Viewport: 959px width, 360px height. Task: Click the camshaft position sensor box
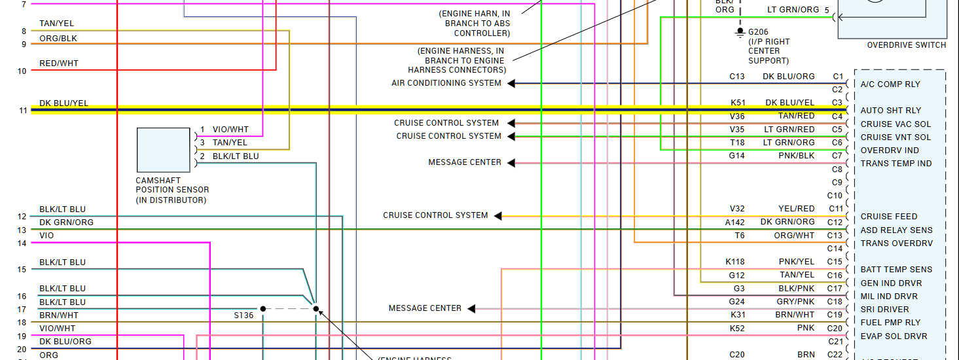click(163, 150)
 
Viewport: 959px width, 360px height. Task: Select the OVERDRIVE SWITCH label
click(906, 45)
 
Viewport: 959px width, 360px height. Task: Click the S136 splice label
click(244, 315)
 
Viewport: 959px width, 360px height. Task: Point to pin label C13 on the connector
click(835, 236)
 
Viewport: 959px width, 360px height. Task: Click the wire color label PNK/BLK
click(797, 156)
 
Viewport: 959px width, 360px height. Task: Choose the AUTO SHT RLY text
click(890, 111)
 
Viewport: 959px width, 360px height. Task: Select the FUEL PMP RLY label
click(890, 323)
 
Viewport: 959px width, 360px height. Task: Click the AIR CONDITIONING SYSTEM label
click(446, 83)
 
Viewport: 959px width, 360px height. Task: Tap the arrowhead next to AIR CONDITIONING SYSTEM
click(511, 84)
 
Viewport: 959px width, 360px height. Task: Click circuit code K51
click(738, 103)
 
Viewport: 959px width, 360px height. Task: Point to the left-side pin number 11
click(23, 111)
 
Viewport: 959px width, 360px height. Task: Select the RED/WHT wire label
click(59, 63)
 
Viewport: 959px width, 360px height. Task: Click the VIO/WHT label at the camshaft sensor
click(230, 130)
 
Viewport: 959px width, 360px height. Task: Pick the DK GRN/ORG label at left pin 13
click(66, 223)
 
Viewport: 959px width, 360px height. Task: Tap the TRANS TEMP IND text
click(896, 164)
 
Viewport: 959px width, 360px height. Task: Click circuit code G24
click(738, 302)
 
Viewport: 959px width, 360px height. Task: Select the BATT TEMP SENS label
click(896, 270)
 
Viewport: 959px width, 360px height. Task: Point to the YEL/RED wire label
click(797, 209)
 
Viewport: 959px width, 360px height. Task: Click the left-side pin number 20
click(22, 350)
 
